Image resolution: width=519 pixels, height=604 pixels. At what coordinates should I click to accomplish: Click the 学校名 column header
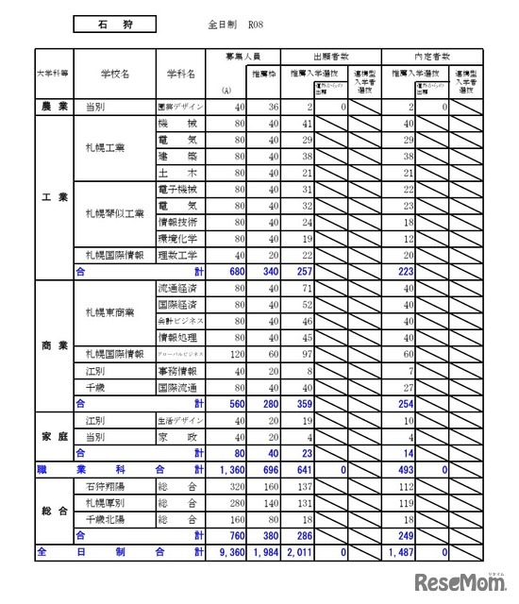pos(114,73)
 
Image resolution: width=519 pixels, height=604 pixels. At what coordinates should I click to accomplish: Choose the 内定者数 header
pos(431,56)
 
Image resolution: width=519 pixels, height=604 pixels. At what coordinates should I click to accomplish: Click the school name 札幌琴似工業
pos(115,213)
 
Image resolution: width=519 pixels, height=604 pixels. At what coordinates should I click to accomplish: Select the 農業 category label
pos(54,108)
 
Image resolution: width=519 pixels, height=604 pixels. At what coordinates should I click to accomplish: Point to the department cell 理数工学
pos(176,255)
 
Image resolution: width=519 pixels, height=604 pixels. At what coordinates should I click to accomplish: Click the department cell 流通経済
pos(176,288)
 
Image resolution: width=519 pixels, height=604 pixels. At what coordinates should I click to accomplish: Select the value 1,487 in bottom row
pos(397,550)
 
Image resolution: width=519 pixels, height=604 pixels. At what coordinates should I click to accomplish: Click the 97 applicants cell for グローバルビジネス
pos(304,353)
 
